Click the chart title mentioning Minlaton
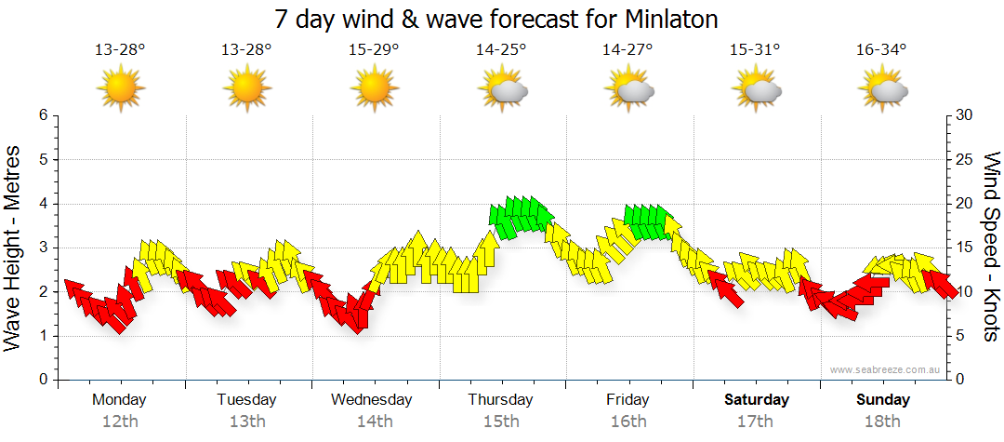tap(496, 19)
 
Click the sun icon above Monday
tap(120, 90)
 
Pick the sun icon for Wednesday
tap(374, 90)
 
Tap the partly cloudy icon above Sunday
tap(882, 90)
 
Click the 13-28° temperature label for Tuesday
tap(246, 50)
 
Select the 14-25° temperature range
tap(501, 50)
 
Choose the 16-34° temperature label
tap(881, 50)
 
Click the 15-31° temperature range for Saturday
tap(755, 50)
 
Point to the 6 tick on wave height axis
tap(42, 115)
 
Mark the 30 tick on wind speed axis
tap(965, 115)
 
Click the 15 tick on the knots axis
tap(965, 248)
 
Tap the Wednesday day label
tap(372, 400)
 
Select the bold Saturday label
tap(757, 400)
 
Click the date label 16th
tap(628, 422)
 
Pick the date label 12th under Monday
tap(120, 422)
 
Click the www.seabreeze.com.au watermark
tap(886, 370)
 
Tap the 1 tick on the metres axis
tap(42, 336)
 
